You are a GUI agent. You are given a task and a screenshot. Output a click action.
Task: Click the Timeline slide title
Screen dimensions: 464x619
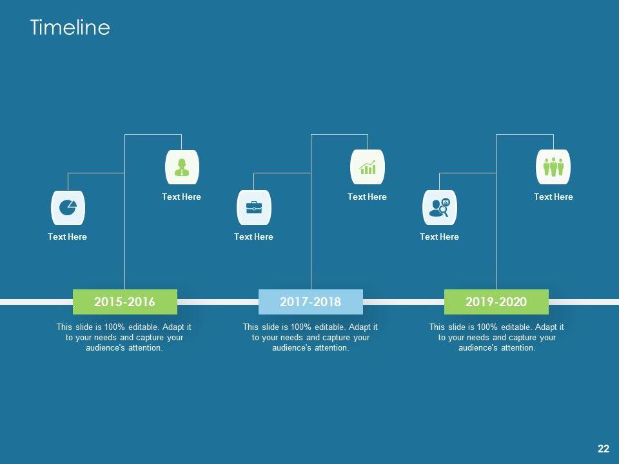(70, 28)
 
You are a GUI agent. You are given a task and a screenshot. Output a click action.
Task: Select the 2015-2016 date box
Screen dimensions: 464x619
(124, 302)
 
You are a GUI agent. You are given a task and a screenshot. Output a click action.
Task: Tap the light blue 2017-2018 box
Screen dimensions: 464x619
(310, 302)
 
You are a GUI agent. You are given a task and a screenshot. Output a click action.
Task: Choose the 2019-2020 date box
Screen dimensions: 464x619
(496, 302)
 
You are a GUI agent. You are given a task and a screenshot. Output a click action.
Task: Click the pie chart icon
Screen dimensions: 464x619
(68, 208)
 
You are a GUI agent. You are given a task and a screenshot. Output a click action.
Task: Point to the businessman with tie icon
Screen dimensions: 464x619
(182, 168)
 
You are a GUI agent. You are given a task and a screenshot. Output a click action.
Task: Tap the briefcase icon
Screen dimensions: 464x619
(254, 208)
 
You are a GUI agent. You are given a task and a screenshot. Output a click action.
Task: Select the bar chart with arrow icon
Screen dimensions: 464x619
(368, 168)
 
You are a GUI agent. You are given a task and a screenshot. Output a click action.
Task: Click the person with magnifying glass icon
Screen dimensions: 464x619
(439, 208)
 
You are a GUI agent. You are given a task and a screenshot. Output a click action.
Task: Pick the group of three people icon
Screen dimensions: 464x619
(553, 168)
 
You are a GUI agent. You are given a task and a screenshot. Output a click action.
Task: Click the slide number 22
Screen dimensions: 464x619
(604, 449)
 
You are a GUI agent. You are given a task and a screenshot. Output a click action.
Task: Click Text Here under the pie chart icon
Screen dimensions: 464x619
(67, 237)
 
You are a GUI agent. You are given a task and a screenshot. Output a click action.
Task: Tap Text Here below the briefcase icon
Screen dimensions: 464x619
(253, 237)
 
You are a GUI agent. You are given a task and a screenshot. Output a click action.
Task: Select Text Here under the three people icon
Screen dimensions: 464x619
(553, 197)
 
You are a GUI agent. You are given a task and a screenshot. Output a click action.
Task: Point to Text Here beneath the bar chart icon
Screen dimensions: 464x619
(367, 197)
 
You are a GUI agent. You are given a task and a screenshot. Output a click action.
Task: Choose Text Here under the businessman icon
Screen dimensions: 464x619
(181, 197)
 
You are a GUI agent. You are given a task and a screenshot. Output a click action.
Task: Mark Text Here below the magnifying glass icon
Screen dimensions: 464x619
(439, 237)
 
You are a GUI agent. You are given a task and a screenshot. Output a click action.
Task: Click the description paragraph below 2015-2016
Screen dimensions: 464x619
(124, 338)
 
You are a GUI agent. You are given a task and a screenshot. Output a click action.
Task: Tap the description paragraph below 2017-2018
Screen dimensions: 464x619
(310, 338)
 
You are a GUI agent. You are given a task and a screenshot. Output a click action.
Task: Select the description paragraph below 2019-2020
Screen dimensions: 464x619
(496, 338)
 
